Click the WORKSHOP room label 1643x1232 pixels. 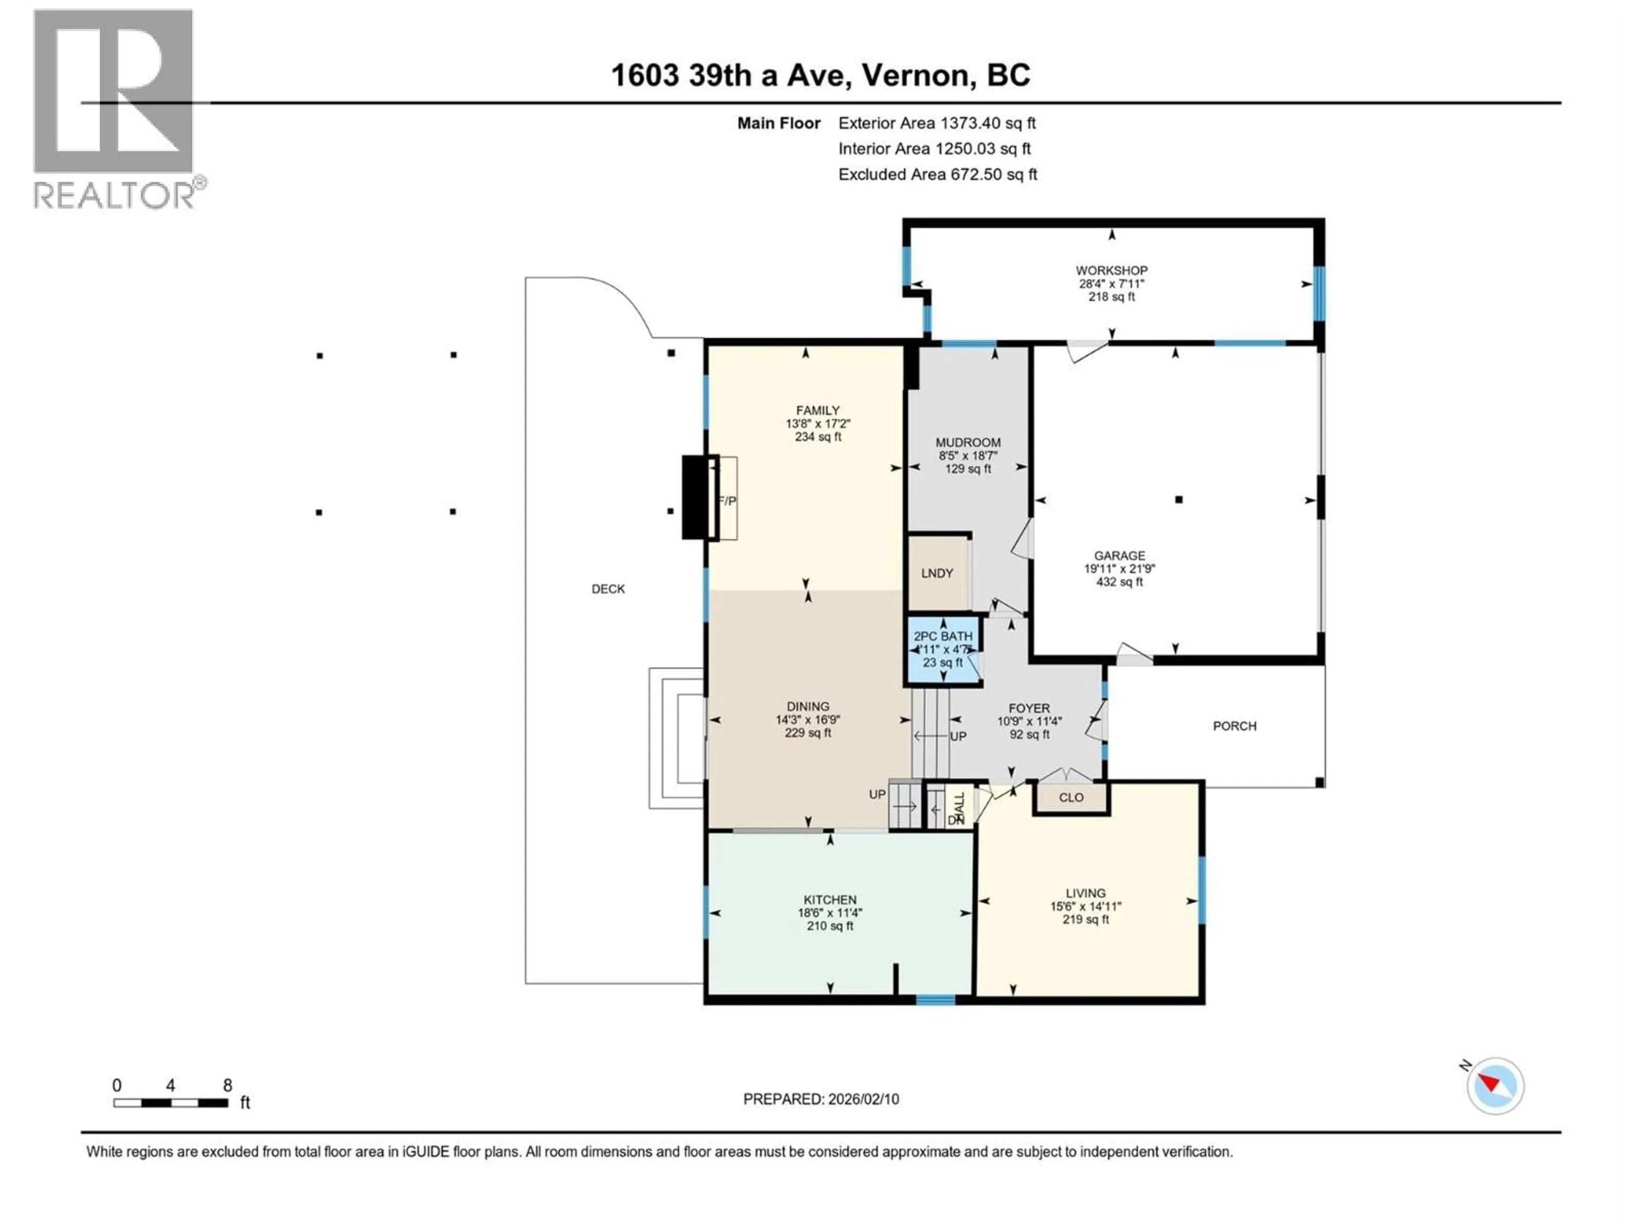(1111, 270)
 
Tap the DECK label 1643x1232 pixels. (608, 589)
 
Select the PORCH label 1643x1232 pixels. (1234, 726)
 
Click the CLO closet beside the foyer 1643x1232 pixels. (1071, 797)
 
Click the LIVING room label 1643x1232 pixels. (1085, 893)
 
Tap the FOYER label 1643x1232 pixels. (1029, 708)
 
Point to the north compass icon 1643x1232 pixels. (1495, 1086)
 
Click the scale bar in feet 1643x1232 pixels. (171, 1103)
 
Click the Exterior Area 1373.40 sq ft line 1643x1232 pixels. (937, 123)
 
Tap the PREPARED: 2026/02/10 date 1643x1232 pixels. (821, 1099)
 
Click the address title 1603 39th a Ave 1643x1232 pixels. (820, 75)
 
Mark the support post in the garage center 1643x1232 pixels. (1178, 500)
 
